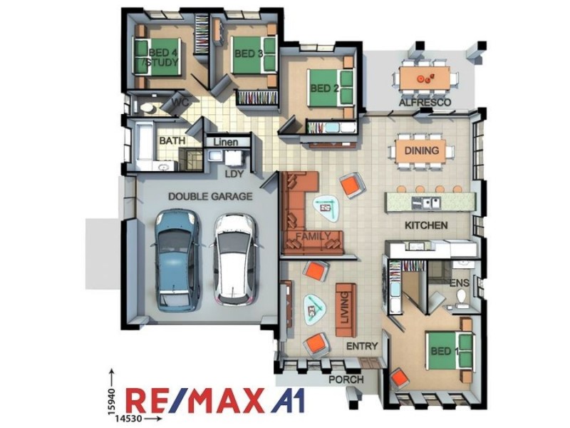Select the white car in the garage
(x=236, y=259)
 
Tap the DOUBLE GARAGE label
(x=210, y=197)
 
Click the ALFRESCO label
(x=425, y=102)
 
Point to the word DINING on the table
(x=422, y=151)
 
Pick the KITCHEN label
(x=426, y=225)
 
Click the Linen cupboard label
(x=226, y=142)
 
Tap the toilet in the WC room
(x=147, y=108)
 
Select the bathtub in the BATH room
(x=145, y=142)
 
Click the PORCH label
(x=346, y=379)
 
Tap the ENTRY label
(x=362, y=346)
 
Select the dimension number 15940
(x=112, y=400)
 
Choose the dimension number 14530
(x=129, y=419)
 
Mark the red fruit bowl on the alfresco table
(x=423, y=78)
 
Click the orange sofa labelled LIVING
(x=346, y=310)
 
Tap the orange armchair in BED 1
(x=399, y=378)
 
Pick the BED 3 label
(x=249, y=54)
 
